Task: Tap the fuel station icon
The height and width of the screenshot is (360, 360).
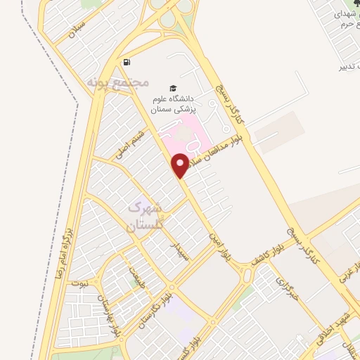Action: pos(127,63)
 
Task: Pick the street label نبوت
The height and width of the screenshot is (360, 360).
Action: pos(79,282)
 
